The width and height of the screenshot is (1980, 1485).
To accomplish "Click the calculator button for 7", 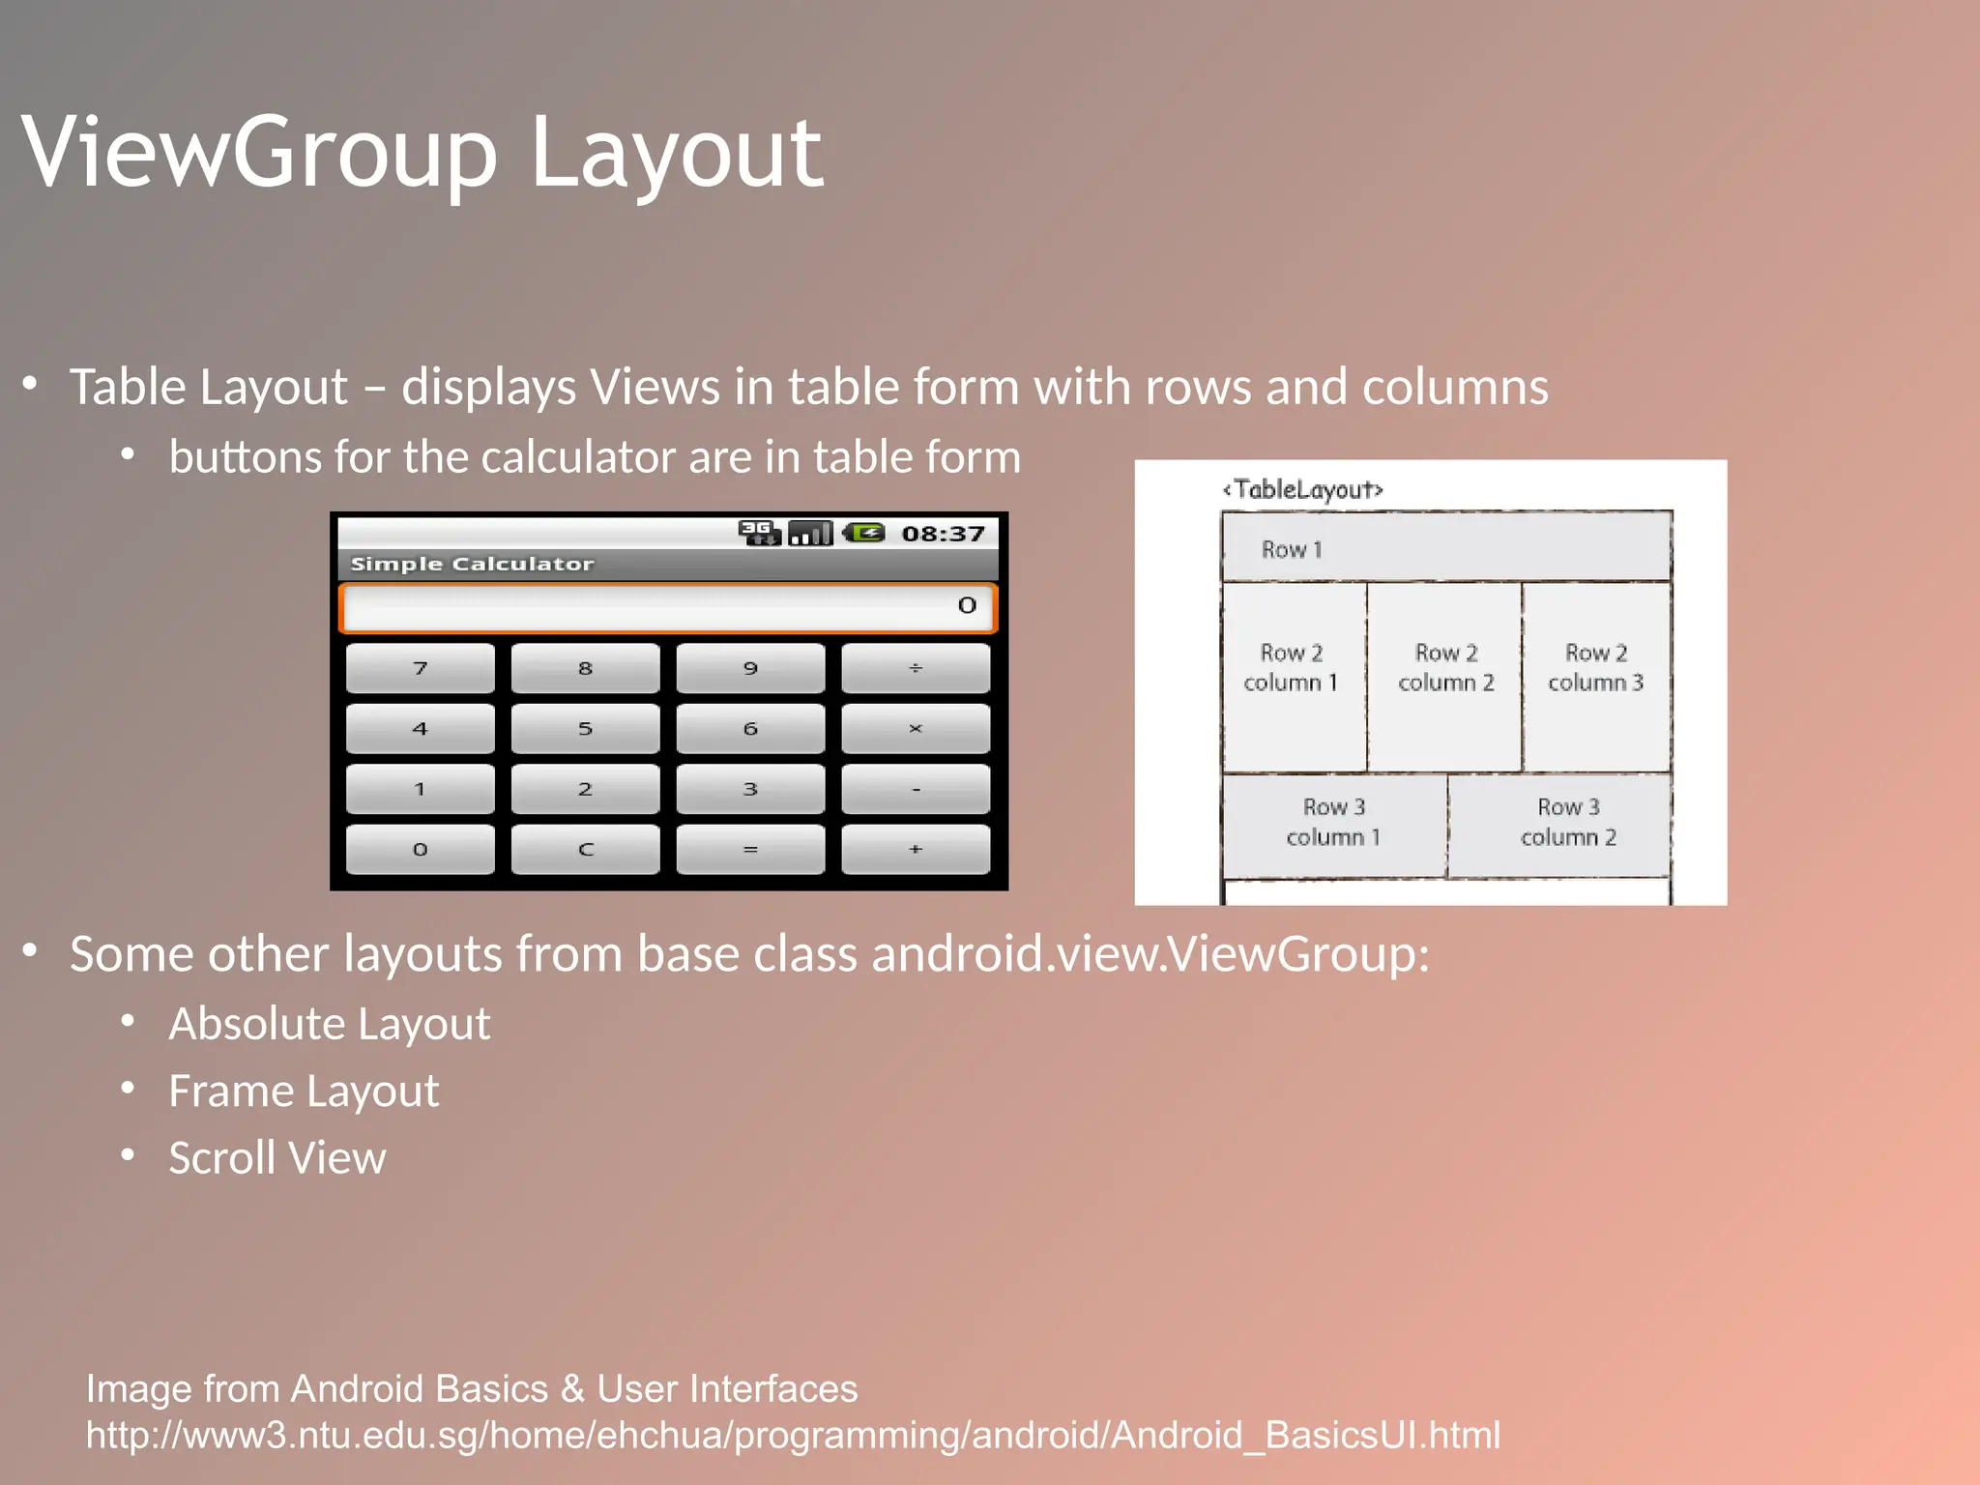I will click(420, 668).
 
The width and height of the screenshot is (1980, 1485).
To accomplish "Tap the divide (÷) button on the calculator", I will click(915, 668).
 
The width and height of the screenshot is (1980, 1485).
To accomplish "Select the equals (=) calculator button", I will click(750, 849).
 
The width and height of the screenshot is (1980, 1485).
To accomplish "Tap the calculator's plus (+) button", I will click(915, 849).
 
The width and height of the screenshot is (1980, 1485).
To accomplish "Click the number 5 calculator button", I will click(585, 728).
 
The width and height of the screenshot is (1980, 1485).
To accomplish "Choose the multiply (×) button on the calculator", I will click(915, 728).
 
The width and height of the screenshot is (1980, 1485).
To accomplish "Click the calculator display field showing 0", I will click(667, 607).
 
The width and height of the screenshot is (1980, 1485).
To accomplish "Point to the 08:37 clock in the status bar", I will click(943, 534).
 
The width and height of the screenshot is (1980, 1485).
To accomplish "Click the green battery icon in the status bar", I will click(863, 533).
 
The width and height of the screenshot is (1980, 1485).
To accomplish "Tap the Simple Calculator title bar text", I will click(472, 564).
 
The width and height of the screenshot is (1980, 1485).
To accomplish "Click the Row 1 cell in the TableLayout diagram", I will click(1445, 547).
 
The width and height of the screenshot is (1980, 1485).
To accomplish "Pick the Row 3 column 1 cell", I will click(1333, 824).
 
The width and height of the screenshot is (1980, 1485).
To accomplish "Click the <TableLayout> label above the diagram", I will click(1303, 489).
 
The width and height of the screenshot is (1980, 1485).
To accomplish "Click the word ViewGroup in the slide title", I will click(259, 153).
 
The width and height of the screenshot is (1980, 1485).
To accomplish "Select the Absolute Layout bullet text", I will click(329, 1024).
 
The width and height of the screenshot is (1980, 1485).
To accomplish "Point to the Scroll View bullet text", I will click(277, 1158).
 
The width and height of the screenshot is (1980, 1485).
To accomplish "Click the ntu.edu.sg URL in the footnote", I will click(793, 1436).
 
